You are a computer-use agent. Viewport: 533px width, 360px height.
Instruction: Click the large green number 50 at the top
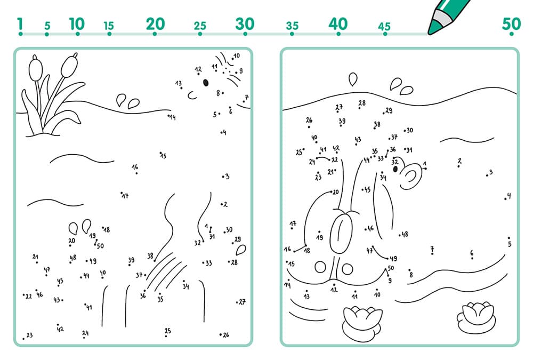(x=511, y=24)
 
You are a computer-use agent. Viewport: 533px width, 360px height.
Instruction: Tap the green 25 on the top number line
(x=200, y=26)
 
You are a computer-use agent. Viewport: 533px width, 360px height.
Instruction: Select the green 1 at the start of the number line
(x=20, y=24)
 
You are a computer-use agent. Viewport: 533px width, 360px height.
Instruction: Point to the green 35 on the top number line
(x=292, y=26)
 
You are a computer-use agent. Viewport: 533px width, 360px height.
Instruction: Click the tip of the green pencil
(x=430, y=33)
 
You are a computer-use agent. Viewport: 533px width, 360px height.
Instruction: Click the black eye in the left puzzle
(x=206, y=83)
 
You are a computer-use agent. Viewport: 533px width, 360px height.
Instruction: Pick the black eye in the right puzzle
(x=395, y=169)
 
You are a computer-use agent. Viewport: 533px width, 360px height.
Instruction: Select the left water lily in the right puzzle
(x=362, y=323)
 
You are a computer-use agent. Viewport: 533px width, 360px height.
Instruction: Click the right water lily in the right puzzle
(x=475, y=317)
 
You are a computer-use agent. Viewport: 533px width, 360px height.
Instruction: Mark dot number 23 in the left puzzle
(x=23, y=339)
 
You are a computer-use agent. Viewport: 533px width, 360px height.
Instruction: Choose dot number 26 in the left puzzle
(x=221, y=335)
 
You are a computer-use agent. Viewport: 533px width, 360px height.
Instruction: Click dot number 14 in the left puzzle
(x=168, y=116)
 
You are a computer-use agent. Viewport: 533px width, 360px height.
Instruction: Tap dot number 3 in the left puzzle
(x=223, y=177)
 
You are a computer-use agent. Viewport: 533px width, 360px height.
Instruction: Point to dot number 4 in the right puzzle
(x=505, y=199)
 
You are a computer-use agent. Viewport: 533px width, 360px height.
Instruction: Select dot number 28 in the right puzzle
(x=359, y=108)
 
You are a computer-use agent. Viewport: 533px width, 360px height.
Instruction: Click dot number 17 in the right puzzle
(x=292, y=228)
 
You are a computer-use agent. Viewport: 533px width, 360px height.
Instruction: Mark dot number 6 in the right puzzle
(x=472, y=258)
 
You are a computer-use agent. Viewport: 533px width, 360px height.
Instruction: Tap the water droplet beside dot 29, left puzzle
(x=241, y=250)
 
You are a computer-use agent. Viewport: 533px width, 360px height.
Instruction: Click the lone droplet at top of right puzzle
(x=353, y=79)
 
